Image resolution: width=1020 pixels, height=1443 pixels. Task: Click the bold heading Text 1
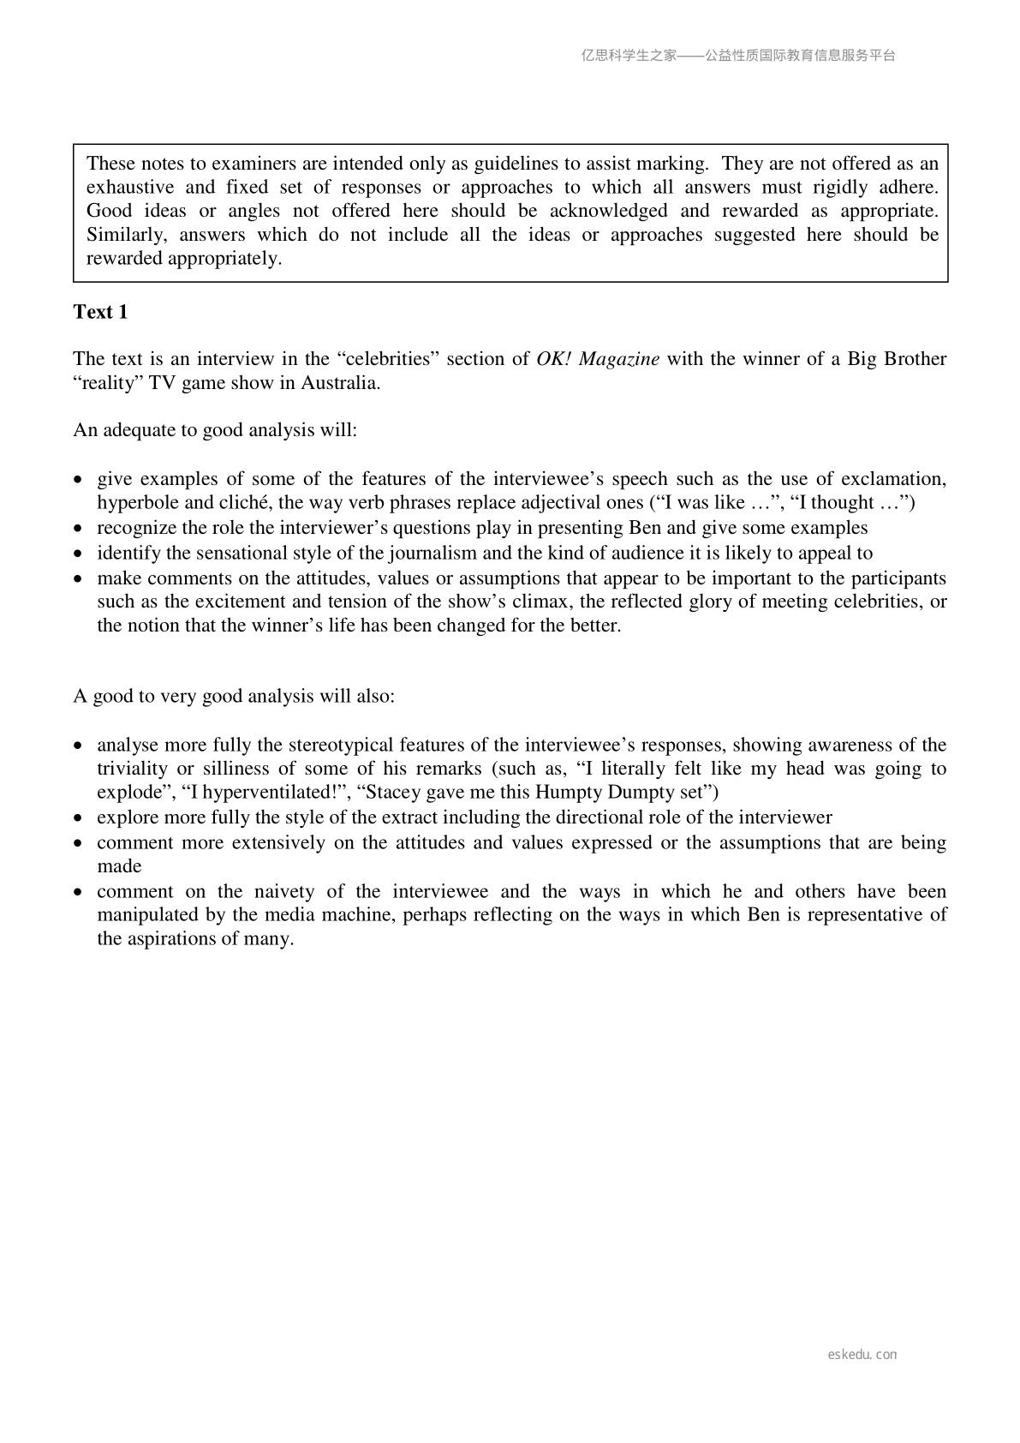pyautogui.click(x=100, y=312)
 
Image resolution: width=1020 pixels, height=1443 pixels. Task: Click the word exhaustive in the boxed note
pyautogui.click(x=130, y=188)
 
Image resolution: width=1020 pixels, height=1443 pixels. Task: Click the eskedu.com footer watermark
pyautogui.click(x=862, y=1355)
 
